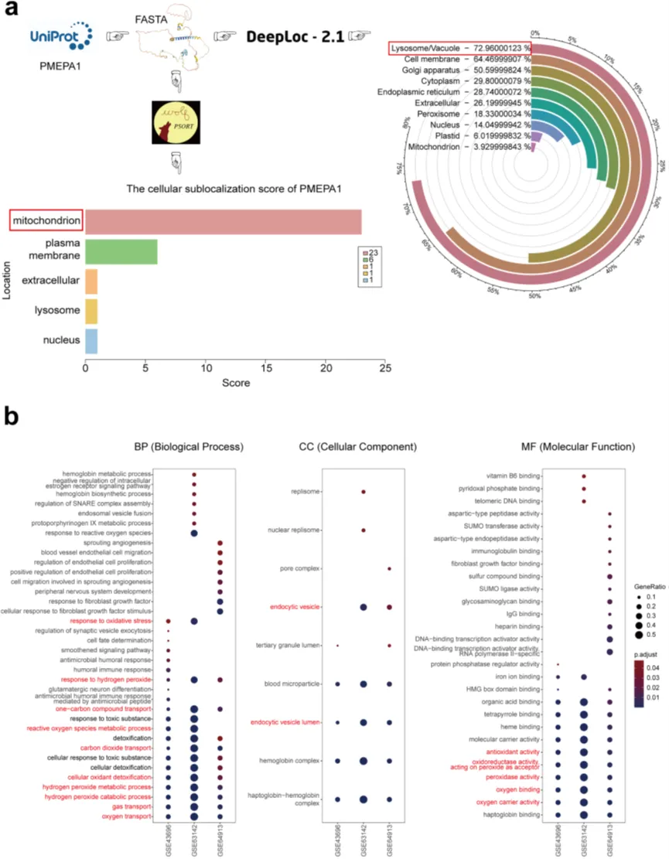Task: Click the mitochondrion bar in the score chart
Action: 223,222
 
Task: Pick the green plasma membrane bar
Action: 122,251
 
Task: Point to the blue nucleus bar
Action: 90,341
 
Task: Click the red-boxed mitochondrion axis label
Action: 46,222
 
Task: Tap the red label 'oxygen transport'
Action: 128,816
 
